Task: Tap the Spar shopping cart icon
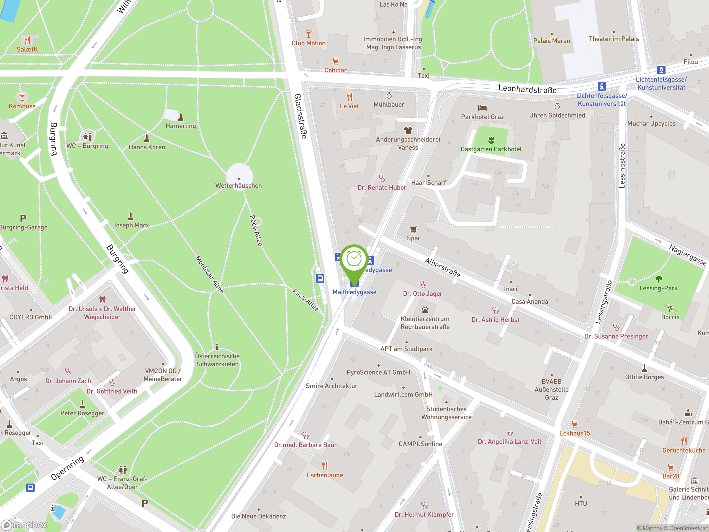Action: pos(413,229)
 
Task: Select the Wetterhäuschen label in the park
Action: pos(238,186)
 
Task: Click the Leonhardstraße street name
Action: pos(527,89)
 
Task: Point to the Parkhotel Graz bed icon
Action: pos(482,108)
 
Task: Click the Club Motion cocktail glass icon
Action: pos(308,34)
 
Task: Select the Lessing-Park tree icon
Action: pos(658,279)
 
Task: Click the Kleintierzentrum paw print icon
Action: pos(425,310)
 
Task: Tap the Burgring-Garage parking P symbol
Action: pos(23,218)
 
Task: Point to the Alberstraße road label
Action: pos(442,267)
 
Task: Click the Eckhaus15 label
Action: pos(574,433)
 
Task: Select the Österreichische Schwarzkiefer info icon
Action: pos(217,347)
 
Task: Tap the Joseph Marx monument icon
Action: pos(131,216)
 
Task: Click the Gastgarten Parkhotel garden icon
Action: pos(491,140)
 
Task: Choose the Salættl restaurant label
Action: pos(27,49)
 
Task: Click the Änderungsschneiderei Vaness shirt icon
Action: pos(408,130)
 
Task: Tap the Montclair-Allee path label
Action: pos(209,275)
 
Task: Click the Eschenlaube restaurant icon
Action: pos(325,465)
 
